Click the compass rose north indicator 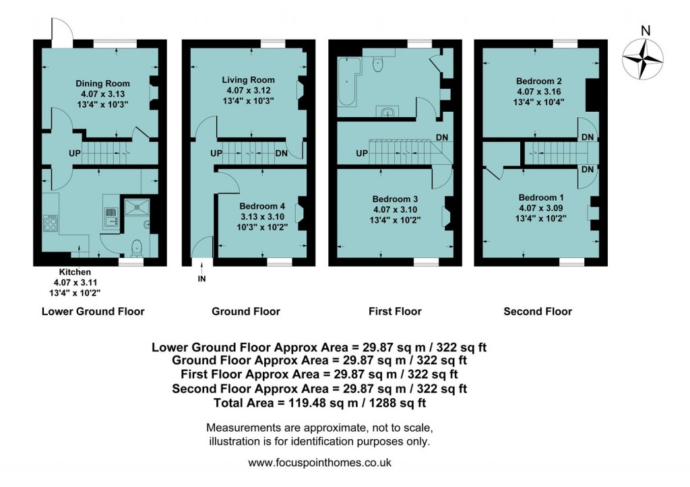645,57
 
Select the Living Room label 249,80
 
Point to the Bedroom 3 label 396,199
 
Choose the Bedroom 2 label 540,81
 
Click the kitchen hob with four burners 51,223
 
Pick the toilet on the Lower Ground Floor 137,249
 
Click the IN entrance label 201,279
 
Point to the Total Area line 319,403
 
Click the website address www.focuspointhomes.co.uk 319,463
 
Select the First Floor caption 395,311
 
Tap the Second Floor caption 538,311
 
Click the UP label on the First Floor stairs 361,154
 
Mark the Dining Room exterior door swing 59,32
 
